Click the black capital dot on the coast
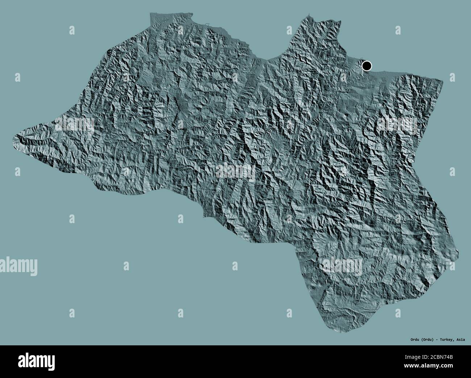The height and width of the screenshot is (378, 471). pos(367,66)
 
